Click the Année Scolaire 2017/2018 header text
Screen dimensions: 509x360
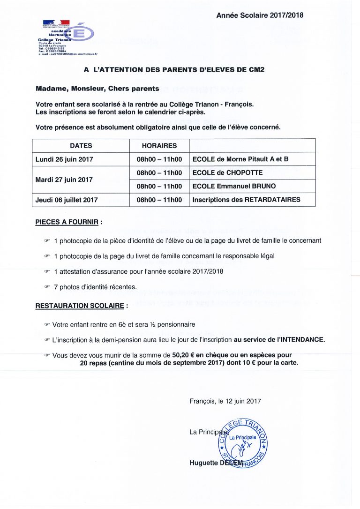(x=260, y=15)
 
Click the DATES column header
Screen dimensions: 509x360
(x=81, y=146)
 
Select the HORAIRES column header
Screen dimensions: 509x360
(x=159, y=146)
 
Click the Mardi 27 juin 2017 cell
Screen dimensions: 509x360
(x=64, y=180)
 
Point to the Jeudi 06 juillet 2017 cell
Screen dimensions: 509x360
(x=67, y=200)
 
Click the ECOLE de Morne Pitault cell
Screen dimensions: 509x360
(x=240, y=159)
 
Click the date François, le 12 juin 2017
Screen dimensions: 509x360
(x=225, y=401)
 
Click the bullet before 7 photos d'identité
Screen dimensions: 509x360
(x=46, y=287)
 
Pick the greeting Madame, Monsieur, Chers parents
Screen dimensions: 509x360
(x=97, y=89)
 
